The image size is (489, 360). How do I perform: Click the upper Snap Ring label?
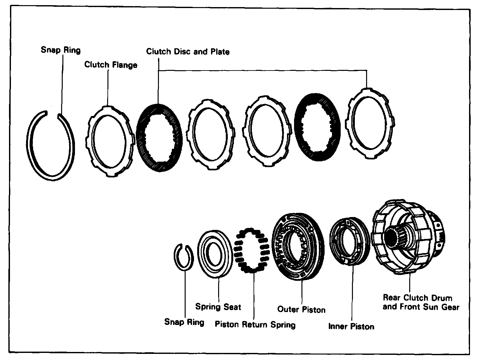pos(60,50)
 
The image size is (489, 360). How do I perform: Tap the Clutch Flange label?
pos(111,65)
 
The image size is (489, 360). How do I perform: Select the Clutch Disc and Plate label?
pos(188,52)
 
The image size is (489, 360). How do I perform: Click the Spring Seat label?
pos(218,307)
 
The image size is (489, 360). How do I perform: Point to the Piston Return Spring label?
pos(255,324)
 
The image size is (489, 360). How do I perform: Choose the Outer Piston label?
pos(301,310)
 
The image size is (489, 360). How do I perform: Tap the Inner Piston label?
pos(351,327)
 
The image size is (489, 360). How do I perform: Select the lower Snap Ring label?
pos(184,322)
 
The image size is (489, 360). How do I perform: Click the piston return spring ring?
pos(253,251)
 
